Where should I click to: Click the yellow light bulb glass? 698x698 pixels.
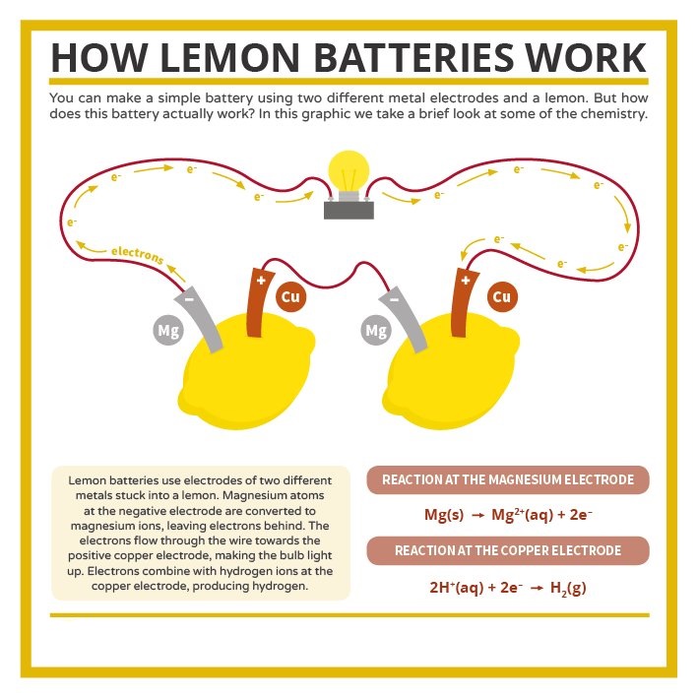pyautogui.click(x=349, y=171)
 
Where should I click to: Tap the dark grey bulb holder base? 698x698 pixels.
pyautogui.click(x=349, y=210)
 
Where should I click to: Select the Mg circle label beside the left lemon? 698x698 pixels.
pyautogui.click(x=168, y=331)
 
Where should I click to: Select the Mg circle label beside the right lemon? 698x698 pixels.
pyautogui.click(x=376, y=331)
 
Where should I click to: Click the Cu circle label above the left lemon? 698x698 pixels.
pyautogui.click(x=290, y=296)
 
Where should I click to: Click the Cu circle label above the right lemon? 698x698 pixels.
pyautogui.click(x=502, y=296)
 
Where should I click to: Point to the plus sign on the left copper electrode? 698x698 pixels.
pyautogui.click(x=261, y=280)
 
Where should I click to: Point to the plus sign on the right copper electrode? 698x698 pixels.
pyautogui.click(x=466, y=280)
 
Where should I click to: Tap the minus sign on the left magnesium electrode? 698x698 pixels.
pyautogui.click(x=189, y=299)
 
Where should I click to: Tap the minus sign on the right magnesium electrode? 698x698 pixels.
pyautogui.click(x=394, y=299)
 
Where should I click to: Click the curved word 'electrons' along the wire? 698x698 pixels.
pyautogui.click(x=138, y=255)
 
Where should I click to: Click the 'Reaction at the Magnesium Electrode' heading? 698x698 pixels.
pyautogui.click(x=508, y=479)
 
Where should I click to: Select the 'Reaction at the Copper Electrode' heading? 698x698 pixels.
pyautogui.click(x=508, y=550)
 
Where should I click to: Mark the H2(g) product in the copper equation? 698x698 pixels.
pyautogui.click(x=568, y=588)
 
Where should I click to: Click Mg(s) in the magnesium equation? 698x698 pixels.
pyautogui.click(x=444, y=515)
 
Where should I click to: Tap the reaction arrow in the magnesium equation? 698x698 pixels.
pyautogui.click(x=478, y=516)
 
